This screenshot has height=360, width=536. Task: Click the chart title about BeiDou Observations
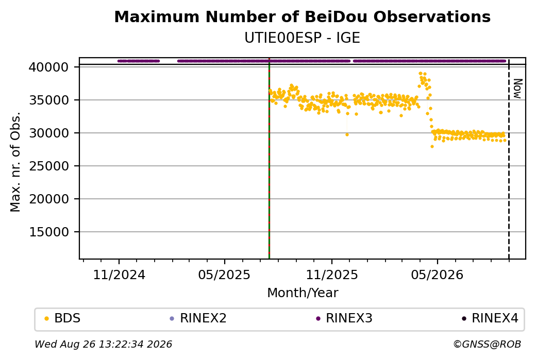(302, 16)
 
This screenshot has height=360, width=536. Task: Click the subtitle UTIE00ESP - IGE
(302, 38)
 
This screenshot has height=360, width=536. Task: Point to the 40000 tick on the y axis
(49, 67)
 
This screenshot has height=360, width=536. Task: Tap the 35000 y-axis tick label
(49, 100)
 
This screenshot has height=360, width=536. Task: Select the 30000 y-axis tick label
(49, 133)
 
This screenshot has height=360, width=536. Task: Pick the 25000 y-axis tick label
(49, 166)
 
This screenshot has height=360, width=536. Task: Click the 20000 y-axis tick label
(49, 199)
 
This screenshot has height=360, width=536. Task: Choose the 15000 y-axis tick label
(49, 232)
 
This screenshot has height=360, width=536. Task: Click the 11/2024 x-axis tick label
(119, 275)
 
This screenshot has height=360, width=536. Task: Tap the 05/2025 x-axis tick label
(224, 275)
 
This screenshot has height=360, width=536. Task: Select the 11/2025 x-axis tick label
(331, 275)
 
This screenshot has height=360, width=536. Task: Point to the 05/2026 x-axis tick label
(437, 275)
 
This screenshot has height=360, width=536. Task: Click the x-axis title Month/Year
(303, 293)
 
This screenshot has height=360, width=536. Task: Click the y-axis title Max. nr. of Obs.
(15, 162)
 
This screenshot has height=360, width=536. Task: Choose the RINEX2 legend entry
(198, 318)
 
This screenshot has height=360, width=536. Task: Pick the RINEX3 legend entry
(344, 318)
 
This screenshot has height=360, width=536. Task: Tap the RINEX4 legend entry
(490, 318)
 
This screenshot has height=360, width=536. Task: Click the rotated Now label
(518, 89)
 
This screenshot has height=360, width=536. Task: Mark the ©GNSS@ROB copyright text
(487, 344)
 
